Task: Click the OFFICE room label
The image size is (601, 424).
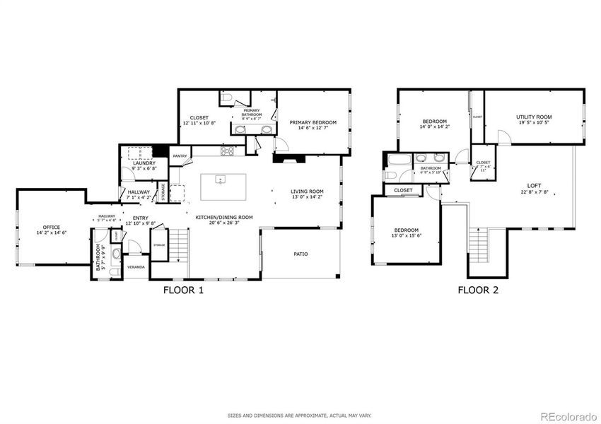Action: [51, 227]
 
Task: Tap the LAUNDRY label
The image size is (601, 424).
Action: [144, 164]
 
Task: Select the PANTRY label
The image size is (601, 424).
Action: [180, 155]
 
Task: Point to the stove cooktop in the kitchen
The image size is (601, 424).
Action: [228, 151]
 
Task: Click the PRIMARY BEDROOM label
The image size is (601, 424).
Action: [313, 122]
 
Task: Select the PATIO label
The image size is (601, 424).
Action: [301, 254]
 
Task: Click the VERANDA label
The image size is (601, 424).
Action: [136, 267]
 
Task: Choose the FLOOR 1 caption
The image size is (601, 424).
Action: [183, 290]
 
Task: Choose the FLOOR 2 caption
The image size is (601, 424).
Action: [477, 290]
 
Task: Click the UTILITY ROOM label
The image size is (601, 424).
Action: [534, 117]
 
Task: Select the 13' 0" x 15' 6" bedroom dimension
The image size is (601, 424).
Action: [407, 236]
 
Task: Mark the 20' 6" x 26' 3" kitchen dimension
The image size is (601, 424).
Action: [219, 223]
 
